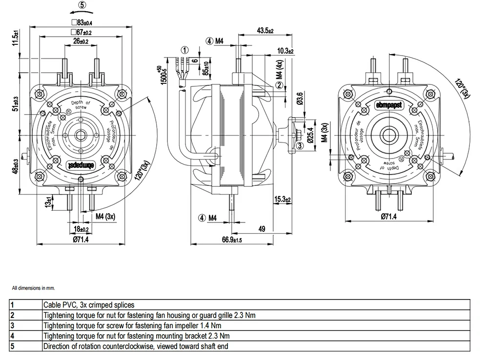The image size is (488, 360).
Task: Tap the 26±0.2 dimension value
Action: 81,42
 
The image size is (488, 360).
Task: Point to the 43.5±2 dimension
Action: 264,31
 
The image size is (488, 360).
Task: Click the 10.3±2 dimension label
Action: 285,51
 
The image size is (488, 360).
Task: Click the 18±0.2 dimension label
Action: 81,229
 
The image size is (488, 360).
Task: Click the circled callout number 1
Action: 184,49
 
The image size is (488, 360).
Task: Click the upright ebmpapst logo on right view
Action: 388,103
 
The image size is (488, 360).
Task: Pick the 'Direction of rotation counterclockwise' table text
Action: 136,346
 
